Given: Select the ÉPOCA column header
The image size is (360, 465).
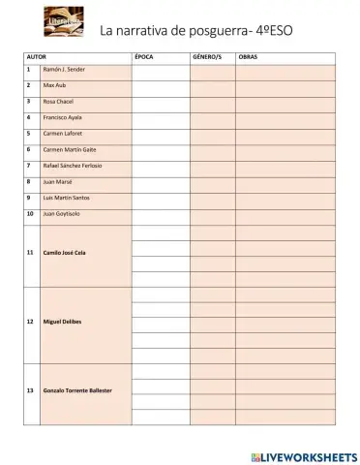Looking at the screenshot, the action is click(144, 57).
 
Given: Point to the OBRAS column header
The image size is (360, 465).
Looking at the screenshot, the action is click(250, 57).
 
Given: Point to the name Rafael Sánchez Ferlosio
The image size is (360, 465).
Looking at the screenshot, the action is click(73, 165).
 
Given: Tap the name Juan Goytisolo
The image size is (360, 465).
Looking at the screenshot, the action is click(61, 212).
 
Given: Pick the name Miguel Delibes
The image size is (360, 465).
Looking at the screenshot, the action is click(61, 320).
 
